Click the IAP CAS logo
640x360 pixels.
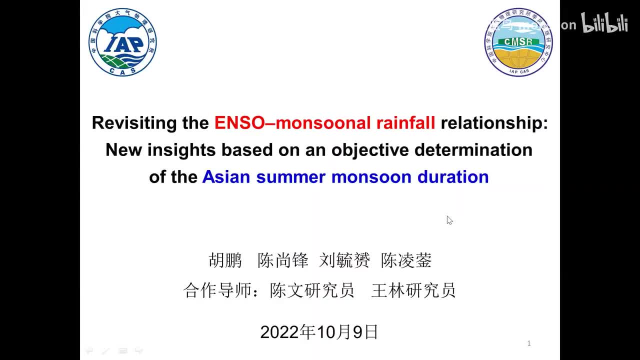(122, 42)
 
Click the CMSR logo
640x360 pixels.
(518, 42)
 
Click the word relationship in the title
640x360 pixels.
(493, 123)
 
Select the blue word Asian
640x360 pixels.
(226, 177)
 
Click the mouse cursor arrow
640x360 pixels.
(449, 219)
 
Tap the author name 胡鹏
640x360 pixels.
(225, 260)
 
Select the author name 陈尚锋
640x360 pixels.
(283, 260)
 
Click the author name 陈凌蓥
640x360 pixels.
(406, 260)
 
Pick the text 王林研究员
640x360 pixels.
(413, 290)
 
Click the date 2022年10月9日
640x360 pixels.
(319, 332)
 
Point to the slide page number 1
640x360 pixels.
(529, 343)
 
